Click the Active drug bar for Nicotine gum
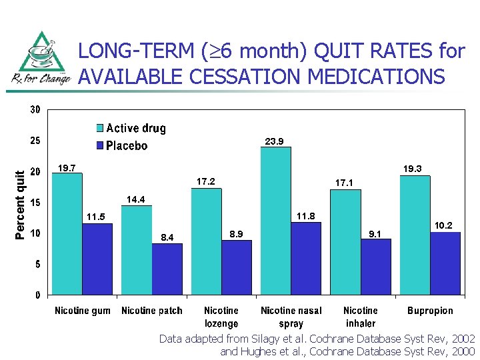[67, 233]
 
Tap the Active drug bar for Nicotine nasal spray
[276, 221]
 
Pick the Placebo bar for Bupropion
[445, 263]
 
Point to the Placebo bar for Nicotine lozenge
[237, 267]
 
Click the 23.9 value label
[275, 141]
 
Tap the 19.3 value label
[413, 169]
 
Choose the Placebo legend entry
[126, 145]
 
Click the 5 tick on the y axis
[37, 264]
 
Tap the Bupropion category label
[430, 311]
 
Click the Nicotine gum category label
[82, 311]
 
